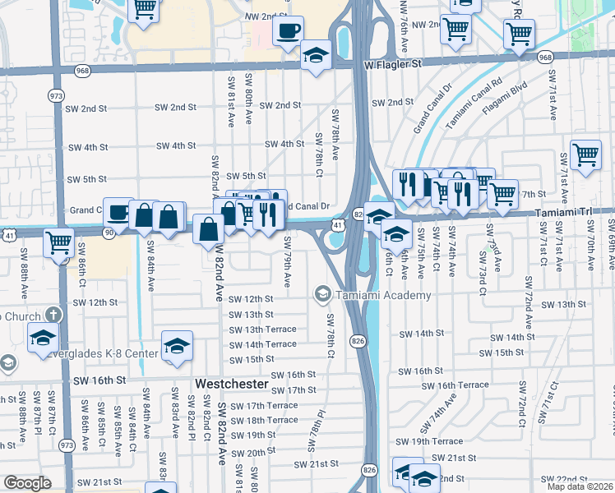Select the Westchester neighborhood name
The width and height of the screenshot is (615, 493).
(x=232, y=384)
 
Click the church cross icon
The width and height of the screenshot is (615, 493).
(x=53, y=316)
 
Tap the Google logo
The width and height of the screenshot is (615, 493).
(x=28, y=483)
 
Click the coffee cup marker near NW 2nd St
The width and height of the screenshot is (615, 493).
(x=288, y=32)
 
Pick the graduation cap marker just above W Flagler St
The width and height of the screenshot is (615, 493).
(x=313, y=56)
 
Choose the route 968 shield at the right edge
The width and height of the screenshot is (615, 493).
(x=545, y=57)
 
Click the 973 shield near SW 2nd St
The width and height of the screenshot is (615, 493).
(x=56, y=95)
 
